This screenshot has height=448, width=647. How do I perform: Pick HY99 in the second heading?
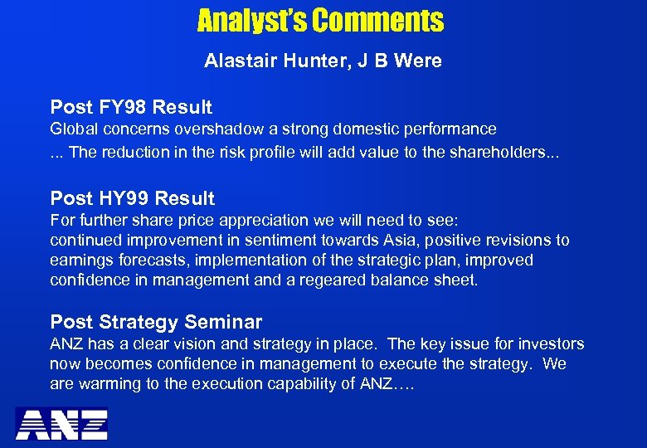click(x=123, y=198)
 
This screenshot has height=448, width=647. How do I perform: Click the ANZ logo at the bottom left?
click(x=61, y=423)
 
